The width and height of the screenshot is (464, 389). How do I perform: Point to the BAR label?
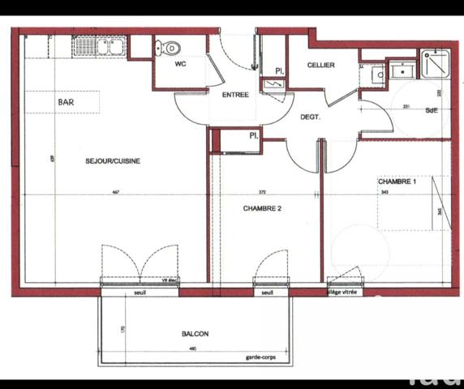point(67,103)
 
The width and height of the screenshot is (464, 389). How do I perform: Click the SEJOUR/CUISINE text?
point(113,160)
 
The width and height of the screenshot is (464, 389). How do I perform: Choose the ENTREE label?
point(234,95)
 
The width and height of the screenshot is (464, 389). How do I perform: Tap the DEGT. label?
point(310,117)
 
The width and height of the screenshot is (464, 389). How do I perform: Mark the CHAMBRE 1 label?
point(397,182)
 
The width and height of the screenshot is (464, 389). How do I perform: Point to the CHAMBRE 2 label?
point(261,208)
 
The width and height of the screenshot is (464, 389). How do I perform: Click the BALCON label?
point(195,334)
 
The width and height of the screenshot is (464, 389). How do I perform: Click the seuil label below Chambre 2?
point(269,293)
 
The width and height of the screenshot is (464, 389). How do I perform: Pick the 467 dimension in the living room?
point(115,192)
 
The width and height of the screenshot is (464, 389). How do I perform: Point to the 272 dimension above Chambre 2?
point(261,192)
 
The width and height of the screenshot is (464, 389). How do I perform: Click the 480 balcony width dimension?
point(192,349)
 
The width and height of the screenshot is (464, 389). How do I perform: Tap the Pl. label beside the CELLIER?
point(278,71)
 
